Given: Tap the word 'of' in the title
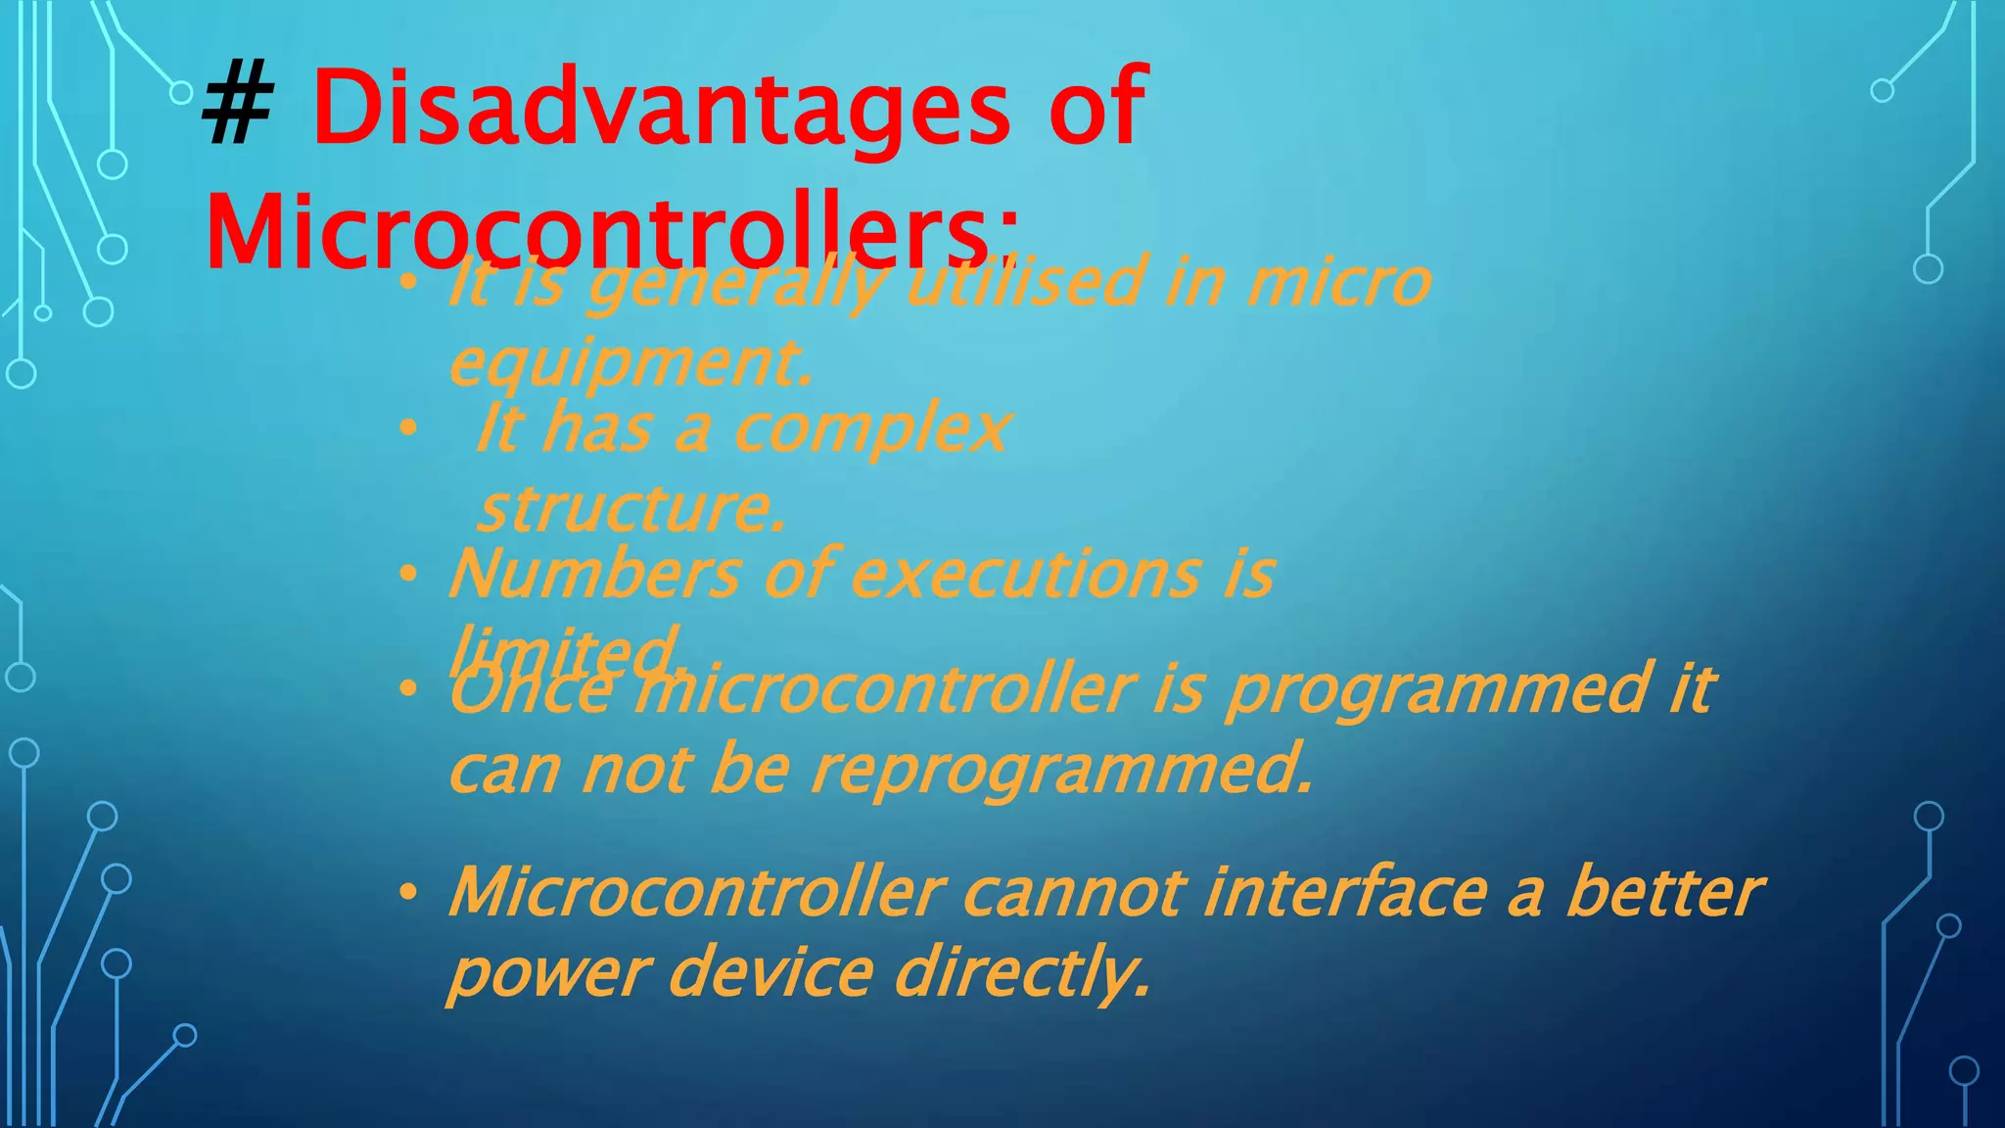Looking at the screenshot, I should (x=1096, y=109).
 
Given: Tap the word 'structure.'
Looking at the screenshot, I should (x=632, y=509).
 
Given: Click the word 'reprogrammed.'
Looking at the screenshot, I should (x=1062, y=771).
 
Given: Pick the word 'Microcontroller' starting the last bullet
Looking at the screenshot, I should (x=696, y=893).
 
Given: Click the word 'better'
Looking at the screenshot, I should (x=1663, y=893).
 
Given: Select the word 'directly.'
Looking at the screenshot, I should (x=1023, y=974).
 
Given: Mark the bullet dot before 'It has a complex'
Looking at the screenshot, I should (x=408, y=429).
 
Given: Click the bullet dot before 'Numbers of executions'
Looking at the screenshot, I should (x=408, y=575).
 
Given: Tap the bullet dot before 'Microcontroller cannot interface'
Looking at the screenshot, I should (x=408, y=893).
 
